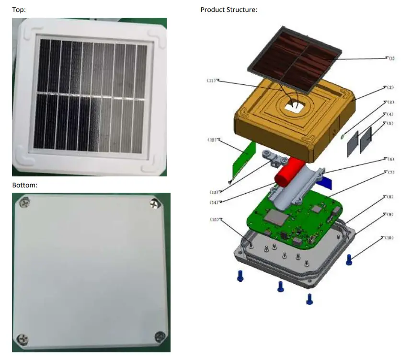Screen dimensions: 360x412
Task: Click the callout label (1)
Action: [391, 58]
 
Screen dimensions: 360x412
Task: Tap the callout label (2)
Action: [390, 88]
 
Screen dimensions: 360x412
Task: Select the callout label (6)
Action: [391, 159]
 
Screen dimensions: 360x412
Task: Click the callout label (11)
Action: [212, 81]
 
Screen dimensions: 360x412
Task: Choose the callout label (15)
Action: [215, 220]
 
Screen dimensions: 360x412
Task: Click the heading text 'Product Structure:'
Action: [229, 10]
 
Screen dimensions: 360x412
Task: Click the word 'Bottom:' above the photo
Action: [24, 185]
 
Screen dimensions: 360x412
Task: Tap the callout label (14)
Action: [214, 202]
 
